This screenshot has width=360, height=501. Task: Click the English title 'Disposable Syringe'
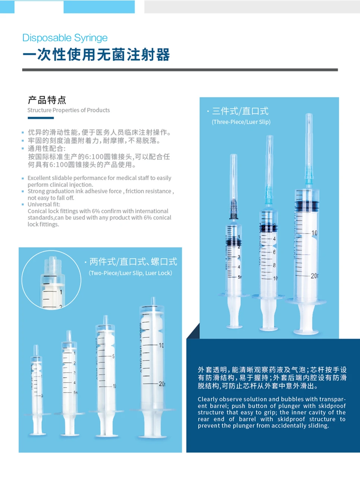65,38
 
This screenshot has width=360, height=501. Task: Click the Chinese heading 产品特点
47,100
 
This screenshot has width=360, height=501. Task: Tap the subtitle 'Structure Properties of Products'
69,110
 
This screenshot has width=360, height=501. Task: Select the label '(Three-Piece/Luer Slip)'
241,122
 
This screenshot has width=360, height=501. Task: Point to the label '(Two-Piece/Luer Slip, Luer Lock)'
131,273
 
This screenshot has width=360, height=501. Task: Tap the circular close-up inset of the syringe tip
51,280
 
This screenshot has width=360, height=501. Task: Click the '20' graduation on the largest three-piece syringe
314,276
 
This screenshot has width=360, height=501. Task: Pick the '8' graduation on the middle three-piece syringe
274,265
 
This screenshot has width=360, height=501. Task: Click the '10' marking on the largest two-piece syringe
161,345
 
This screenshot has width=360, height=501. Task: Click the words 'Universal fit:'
44,204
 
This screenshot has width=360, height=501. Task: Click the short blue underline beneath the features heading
41,118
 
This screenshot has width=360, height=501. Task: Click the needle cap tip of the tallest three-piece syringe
309,114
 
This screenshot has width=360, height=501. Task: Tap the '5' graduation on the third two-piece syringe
113,356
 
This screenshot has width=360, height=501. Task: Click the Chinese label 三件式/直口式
240,111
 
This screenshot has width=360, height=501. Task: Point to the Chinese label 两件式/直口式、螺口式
133,262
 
